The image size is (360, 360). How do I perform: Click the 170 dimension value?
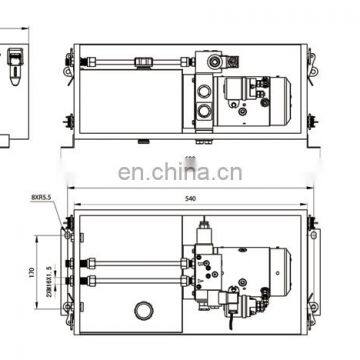[32, 269]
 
